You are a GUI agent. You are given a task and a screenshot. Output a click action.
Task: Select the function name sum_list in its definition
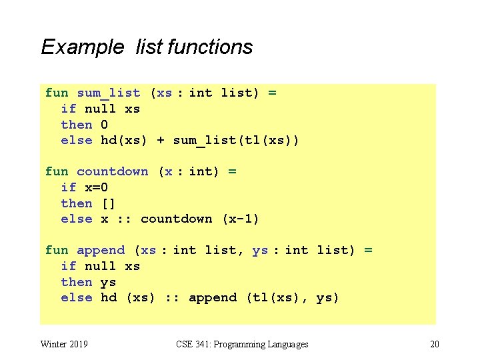point(109,93)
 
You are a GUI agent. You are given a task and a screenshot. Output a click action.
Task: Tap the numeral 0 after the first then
point(104,125)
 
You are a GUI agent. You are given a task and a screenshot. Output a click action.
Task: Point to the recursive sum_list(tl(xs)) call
point(236,140)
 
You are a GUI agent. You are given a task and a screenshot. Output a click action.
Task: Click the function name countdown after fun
point(113,172)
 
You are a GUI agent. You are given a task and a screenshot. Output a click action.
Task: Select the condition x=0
point(96,187)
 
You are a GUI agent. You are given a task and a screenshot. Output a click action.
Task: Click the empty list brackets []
point(108,203)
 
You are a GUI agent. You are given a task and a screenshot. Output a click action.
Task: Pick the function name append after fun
point(101,251)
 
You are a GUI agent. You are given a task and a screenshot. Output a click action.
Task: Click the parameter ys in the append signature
point(260,251)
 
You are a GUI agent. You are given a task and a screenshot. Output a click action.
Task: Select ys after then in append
point(108,282)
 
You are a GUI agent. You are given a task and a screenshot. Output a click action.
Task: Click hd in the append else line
point(108,298)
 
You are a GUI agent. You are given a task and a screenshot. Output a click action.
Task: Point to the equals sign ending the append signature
point(368,251)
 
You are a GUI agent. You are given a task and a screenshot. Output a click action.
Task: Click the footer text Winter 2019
point(65,344)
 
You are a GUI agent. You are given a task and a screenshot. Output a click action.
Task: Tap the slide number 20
point(435,344)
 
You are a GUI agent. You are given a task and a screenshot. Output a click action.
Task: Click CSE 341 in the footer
point(192,344)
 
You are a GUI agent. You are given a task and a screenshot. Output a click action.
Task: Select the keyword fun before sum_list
point(57,93)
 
